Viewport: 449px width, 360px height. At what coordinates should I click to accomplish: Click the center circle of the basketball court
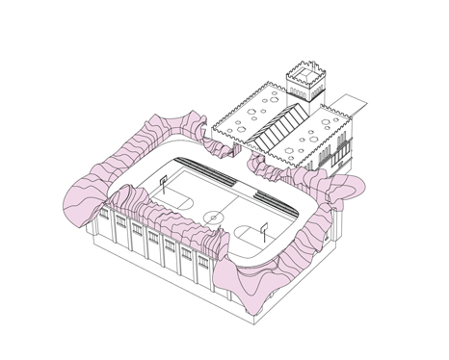(210, 214)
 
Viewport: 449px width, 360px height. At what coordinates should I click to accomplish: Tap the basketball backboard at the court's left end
(165, 179)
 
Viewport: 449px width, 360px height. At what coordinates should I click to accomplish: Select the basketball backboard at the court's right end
(263, 231)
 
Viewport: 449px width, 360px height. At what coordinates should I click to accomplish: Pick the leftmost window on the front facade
(120, 228)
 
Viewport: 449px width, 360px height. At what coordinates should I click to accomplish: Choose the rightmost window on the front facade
(203, 273)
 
